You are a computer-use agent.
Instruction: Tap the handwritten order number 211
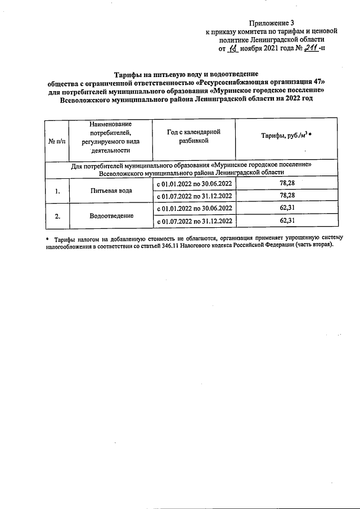point(310,49)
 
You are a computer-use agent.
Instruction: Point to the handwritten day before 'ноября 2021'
point(233,49)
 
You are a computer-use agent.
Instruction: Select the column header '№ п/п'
point(57,141)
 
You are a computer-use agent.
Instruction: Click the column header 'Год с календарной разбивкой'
point(193,136)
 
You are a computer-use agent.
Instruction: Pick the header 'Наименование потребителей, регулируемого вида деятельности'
point(110,137)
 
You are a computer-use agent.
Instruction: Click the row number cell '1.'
point(57,191)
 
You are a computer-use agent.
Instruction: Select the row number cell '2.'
point(57,216)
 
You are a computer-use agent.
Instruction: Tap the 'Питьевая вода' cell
point(111,191)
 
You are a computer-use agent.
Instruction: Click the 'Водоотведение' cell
point(111,216)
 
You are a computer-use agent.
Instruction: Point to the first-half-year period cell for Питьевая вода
point(193,184)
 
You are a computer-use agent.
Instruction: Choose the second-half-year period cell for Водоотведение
point(193,222)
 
